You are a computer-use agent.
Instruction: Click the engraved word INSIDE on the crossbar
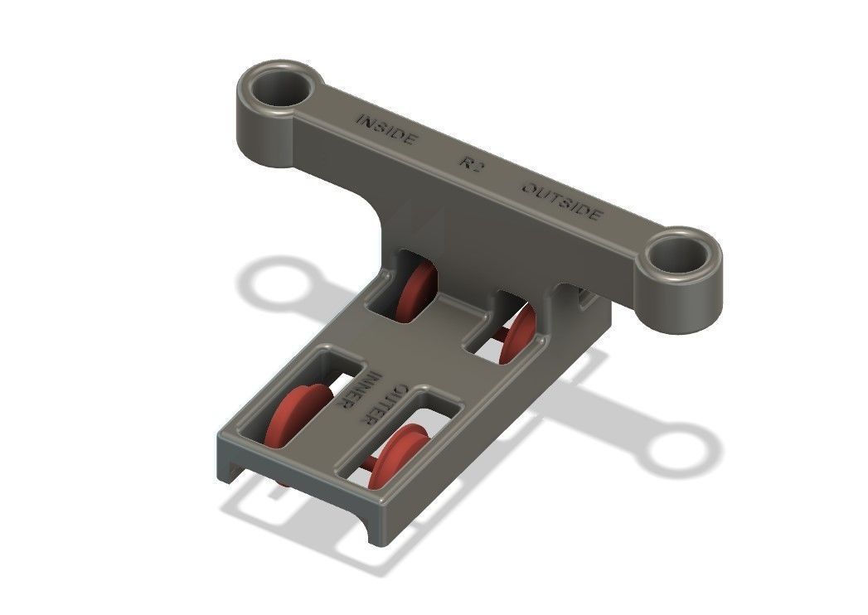386,131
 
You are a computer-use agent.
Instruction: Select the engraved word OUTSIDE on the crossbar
560,200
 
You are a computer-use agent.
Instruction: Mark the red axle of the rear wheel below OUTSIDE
500,333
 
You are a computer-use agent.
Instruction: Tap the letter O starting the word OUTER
402,389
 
